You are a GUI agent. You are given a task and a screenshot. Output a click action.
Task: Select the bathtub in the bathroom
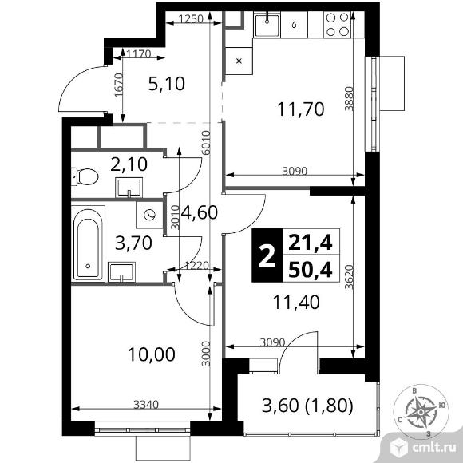click(88, 243)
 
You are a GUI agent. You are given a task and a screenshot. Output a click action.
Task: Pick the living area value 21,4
click(314, 239)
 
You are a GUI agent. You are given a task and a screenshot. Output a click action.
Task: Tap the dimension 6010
click(206, 141)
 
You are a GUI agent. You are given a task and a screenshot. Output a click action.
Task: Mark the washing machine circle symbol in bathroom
click(148, 215)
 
